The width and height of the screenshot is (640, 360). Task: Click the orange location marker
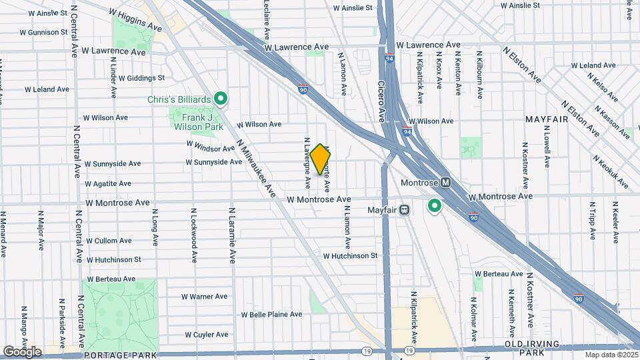pos(320,159)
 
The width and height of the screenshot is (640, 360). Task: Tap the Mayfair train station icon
pos(404,209)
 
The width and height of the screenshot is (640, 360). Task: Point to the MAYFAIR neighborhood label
pos(546,119)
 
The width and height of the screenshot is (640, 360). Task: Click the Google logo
pos(22,351)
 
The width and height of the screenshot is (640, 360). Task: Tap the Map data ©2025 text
pos(610,355)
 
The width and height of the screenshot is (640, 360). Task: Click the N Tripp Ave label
pos(591,220)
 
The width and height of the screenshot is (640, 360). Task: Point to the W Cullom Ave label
pos(111,241)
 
